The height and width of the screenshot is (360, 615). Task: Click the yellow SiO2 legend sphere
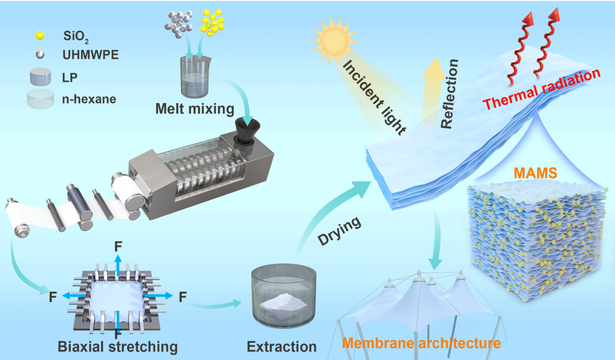coord(40,35)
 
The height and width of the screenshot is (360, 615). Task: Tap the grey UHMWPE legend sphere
coord(40,55)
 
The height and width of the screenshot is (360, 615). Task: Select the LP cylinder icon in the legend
coord(40,77)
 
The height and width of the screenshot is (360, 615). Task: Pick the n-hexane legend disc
coord(40,99)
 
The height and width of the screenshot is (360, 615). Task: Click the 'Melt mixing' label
coord(195,109)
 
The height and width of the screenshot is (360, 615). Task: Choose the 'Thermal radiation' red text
coord(542,90)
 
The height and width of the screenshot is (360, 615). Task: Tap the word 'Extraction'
coord(281,346)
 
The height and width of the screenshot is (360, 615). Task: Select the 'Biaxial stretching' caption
coord(118,346)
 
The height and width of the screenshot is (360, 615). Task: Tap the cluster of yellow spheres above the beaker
coord(212,22)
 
